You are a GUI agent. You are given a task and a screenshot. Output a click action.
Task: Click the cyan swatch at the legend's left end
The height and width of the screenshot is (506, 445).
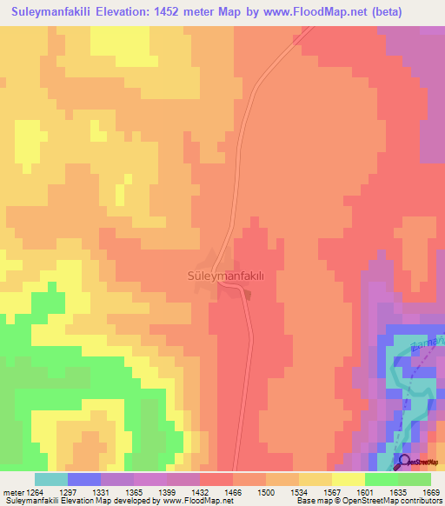(x=50, y=479)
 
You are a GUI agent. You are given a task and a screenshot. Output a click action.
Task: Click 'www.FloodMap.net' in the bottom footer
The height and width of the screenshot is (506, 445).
(x=193, y=501)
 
